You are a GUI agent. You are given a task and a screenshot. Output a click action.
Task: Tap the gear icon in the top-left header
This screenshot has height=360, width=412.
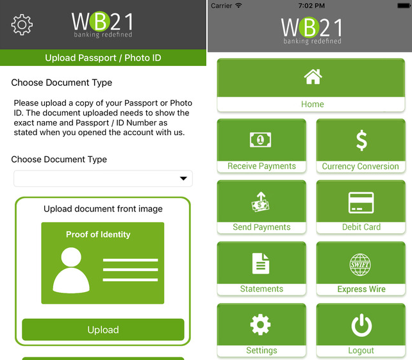point(22,24)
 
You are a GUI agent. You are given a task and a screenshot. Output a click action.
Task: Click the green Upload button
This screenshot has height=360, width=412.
point(103,330)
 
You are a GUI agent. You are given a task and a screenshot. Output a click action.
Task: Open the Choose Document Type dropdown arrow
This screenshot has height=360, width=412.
point(183,179)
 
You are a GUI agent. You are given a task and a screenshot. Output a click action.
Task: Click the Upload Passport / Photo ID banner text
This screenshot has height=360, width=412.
point(103,58)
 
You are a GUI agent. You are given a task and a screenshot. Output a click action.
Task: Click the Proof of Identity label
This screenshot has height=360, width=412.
point(98,234)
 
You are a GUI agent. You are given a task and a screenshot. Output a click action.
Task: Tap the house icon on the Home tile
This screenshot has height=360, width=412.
point(313,78)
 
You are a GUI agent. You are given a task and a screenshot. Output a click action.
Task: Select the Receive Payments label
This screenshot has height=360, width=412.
point(261,166)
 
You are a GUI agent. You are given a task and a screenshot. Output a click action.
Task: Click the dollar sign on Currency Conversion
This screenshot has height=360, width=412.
point(361,140)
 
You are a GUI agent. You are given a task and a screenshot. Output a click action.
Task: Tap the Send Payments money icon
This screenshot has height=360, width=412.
point(261,202)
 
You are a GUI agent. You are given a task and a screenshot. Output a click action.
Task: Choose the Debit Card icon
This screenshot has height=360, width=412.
point(361,202)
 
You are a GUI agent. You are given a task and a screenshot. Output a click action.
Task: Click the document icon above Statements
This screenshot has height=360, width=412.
point(261,263)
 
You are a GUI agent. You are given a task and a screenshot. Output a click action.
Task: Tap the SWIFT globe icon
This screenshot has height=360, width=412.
point(361,263)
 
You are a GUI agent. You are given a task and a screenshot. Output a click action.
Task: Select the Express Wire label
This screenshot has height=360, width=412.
point(361,289)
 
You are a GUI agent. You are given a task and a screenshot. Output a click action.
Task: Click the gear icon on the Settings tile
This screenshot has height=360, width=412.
point(261,325)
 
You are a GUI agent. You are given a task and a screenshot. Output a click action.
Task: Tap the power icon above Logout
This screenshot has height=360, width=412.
point(361,325)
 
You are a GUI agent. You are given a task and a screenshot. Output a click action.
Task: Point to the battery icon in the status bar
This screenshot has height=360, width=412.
point(398,6)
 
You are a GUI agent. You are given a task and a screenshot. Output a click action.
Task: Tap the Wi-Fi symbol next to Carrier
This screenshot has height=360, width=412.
point(239,6)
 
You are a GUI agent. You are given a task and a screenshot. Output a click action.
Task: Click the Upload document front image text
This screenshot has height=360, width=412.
point(103,209)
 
